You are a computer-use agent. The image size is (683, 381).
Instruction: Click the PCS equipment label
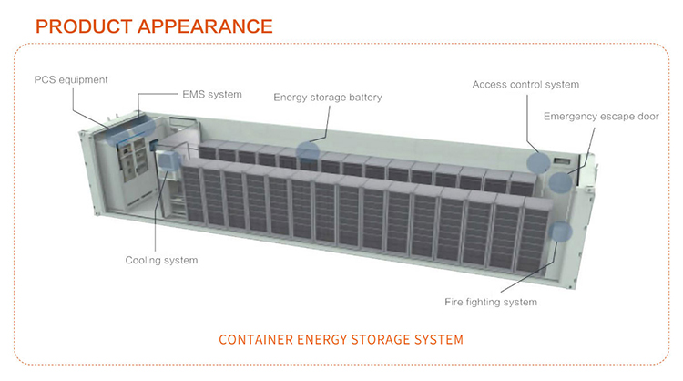coord(71,79)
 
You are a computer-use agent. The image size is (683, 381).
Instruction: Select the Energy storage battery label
coord(328,98)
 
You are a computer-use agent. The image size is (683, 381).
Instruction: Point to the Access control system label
coord(525,85)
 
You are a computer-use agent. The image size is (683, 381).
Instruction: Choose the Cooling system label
coord(161,261)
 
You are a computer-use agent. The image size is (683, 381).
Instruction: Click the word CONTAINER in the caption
coord(259,340)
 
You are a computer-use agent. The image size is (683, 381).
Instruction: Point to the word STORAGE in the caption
coord(377,340)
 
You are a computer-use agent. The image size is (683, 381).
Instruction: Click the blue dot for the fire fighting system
coord(560,233)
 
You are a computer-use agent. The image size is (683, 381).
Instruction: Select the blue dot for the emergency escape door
coord(559,180)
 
